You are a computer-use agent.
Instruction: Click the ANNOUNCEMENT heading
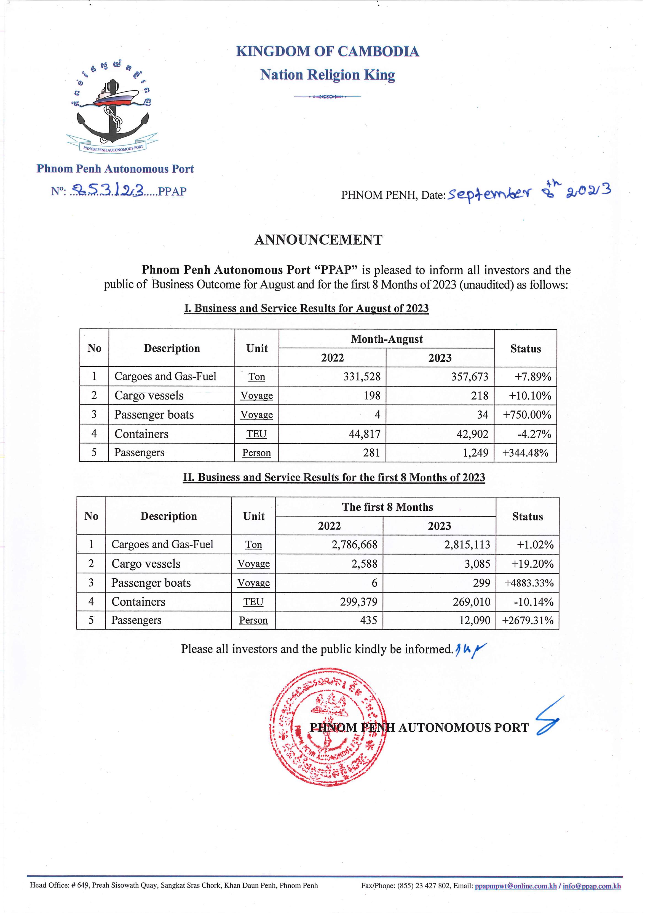point(318,240)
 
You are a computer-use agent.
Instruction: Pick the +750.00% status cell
point(527,415)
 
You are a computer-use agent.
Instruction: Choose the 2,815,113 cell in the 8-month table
point(467,544)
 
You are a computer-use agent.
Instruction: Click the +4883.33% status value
point(529,583)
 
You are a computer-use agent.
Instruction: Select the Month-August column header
point(386,339)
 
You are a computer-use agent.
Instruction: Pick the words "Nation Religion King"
point(327,75)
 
